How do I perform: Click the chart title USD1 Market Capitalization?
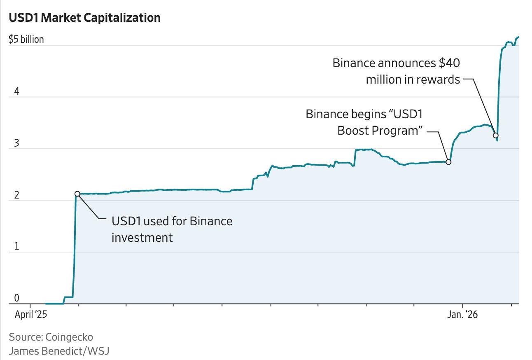click(84, 18)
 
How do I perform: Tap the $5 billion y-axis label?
click(26, 40)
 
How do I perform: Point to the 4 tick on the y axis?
click(17, 91)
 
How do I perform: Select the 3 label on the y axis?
click(17, 143)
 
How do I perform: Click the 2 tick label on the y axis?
click(17, 195)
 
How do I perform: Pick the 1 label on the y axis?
click(17, 247)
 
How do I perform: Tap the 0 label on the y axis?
click(17, 298)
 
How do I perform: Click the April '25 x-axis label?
click(31, 315)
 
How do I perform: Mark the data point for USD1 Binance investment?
click(77, 194)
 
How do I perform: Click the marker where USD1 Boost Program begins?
click(449, 162)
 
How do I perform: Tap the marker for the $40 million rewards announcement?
click(496, 135)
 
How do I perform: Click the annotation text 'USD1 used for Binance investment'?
click(172, 229)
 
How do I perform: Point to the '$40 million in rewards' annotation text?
click(396, 71)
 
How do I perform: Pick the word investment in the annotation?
click(142, 237)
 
